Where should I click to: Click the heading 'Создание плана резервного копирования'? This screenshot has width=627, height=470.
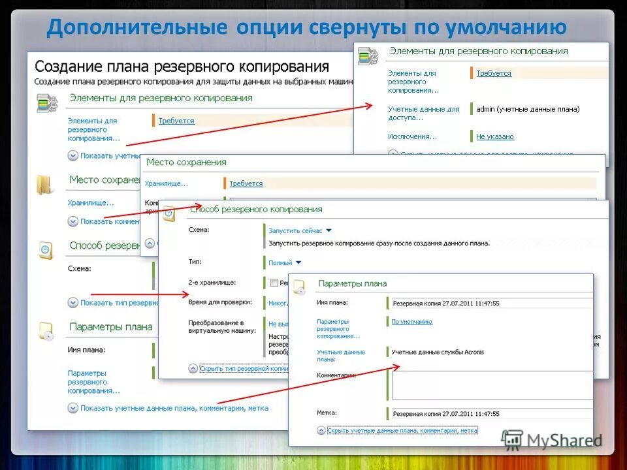(182, 67)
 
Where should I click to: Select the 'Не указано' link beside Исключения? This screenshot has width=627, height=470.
(494, 136)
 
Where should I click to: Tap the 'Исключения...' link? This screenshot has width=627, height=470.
(412, 136)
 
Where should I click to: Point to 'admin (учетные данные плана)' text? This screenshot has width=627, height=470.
(528, 109)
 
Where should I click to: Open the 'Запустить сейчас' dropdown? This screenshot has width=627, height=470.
(300, 230)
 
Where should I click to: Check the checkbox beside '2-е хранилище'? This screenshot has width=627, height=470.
(274, 283)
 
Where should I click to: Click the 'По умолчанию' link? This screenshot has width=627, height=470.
(411, 322)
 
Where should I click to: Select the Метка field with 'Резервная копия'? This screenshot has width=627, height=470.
(490, 414)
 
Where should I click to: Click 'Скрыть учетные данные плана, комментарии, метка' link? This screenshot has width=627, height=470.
(402, 431)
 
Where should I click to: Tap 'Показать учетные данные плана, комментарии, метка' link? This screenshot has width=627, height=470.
(174, 408)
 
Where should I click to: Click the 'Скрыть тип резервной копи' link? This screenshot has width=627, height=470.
(243, 368)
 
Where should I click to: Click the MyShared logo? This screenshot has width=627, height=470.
(553, 441)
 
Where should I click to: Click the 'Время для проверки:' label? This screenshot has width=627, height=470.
(219, 302)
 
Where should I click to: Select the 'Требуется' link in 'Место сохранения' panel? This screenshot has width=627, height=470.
(246, 183)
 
